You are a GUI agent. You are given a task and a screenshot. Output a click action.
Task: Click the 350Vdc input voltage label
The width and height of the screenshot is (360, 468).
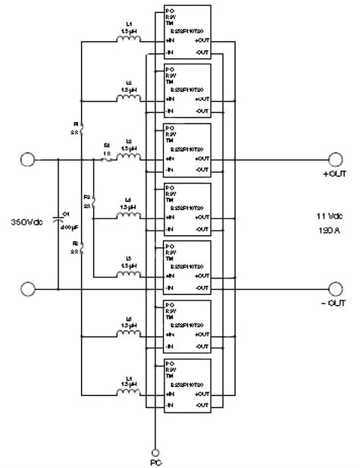pos(26,222)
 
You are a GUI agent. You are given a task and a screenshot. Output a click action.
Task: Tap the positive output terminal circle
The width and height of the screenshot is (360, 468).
pos(335,159)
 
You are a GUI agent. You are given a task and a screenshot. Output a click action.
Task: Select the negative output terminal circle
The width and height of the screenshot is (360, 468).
pos(335,289)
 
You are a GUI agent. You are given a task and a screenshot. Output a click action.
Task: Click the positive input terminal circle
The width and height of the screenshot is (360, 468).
pos(27,159)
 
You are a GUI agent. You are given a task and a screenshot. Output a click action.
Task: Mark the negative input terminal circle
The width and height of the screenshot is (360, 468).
pos(27,289)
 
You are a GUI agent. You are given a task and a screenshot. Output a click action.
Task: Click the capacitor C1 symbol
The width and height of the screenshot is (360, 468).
pos(60,221)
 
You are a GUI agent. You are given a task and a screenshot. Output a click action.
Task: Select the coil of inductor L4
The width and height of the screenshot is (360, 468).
pos(127,215)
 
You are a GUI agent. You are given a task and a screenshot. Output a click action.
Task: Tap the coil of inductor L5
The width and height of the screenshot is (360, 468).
pos(127,275)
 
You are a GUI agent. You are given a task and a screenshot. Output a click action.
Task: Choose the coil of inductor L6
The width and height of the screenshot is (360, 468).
pos(127,334)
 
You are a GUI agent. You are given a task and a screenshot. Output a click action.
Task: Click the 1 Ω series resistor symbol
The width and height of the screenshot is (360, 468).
pos(106,159)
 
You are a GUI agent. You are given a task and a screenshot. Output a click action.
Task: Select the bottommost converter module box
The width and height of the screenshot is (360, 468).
pos(187,385)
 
